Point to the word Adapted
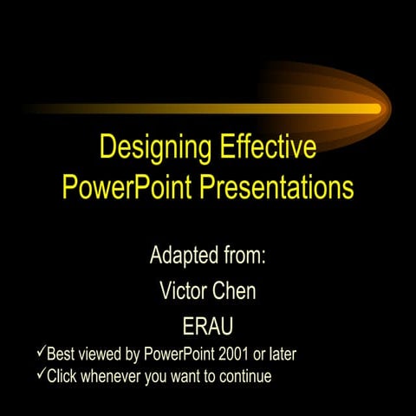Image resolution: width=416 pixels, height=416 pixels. click(x=183, y=257)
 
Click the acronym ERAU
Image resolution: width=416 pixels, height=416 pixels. click(x=208, y=327)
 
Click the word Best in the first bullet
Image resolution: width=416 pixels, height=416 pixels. click(x=60, y=354)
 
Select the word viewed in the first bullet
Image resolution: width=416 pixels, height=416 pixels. click(x=100, y=354)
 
